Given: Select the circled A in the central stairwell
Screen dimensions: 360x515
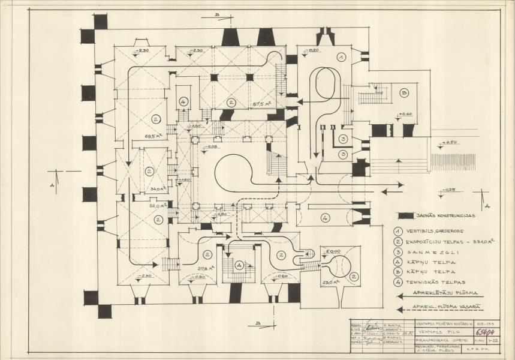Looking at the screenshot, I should tap(239, 264).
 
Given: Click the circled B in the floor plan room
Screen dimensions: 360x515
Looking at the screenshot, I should tap(404, 93).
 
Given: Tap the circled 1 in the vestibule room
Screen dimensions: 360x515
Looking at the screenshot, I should tap(340, 57).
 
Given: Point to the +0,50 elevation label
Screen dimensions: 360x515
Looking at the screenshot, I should tap(450, 142).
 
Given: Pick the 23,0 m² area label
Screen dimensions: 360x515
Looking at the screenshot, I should tap(331, 281).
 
